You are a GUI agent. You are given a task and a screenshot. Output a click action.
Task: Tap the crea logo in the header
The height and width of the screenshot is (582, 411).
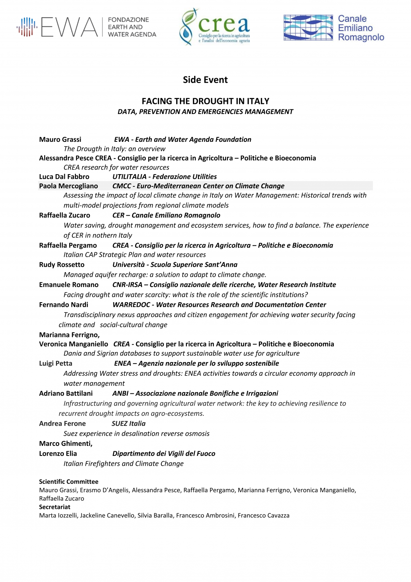coord(215,27)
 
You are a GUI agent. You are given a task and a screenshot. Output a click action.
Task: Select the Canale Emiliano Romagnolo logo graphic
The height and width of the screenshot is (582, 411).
coord(308,27)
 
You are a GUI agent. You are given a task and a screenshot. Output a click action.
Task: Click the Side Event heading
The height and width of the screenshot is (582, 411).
coord(205,80)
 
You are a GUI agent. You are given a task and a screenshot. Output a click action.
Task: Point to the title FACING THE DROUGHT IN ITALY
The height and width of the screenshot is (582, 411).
coord(205,101)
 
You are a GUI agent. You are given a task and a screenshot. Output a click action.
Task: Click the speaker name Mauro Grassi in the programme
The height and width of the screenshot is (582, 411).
coord(60,139)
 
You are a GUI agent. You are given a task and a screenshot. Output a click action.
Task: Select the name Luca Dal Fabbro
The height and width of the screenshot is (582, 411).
coord(64,176)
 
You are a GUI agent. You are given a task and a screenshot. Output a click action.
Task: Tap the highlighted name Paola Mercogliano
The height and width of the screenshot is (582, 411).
coord(68,186)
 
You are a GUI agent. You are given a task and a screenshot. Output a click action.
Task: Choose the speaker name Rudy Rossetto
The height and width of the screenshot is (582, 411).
coord(62,265)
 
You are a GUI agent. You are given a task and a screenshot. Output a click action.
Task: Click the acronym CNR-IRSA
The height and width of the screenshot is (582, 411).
coord(127,285)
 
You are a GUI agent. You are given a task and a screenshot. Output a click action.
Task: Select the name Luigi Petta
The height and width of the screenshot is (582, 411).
coord(56,363)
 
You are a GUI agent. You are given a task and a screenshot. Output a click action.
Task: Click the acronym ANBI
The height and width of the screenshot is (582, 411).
coord(120,393)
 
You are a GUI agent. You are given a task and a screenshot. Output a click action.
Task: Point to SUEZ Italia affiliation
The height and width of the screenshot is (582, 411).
coord(129,423)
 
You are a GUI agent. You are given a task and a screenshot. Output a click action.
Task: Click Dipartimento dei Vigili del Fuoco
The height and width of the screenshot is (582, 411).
coord(164,454)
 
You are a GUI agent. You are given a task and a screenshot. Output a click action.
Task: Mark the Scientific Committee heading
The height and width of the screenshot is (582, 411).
coord(68,482)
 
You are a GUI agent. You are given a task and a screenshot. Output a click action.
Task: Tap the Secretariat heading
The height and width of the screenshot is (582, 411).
coord(55,507)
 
